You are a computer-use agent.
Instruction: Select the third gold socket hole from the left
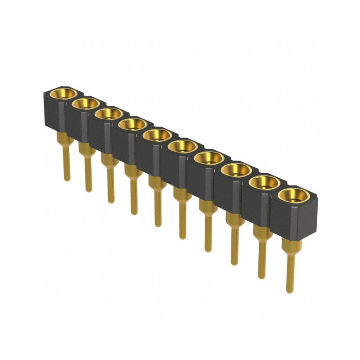tap(108, 114)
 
